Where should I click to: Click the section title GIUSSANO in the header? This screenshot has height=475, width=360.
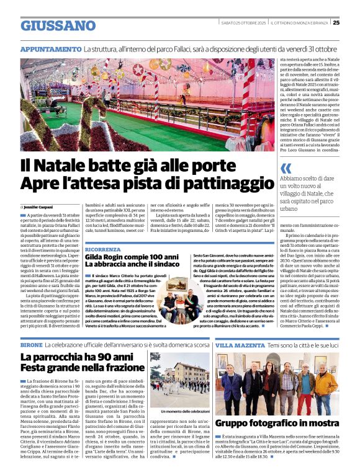pyautogui.click(x=58, y=25)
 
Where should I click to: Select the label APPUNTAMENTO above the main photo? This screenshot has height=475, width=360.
pyautogui.click(x=50, y=48)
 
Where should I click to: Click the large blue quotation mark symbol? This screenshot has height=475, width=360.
pyautogui.click(x=286, y=168)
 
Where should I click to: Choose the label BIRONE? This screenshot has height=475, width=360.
pyautogui.click(x=31, y=344)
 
